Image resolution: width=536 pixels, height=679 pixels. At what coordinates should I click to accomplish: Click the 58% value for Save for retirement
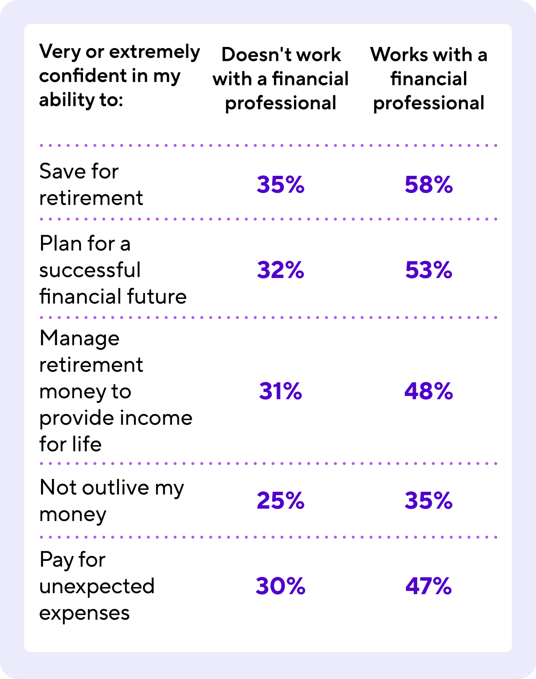[428, 185]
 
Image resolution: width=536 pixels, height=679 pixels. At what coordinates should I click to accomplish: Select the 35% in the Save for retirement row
[280, 185]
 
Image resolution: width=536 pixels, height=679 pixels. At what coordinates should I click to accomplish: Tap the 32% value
[280, 270]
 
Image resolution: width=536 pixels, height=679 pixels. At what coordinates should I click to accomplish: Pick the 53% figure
[428, 270]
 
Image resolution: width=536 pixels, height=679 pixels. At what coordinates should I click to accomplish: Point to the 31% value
[280, 391]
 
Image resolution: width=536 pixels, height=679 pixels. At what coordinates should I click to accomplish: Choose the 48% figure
[428, 391]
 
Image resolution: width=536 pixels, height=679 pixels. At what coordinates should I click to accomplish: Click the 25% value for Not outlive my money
[280, 501]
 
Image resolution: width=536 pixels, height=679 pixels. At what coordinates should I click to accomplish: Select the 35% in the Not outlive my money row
[428, 501]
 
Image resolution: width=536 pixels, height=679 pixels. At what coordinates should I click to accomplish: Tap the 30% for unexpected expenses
[280, 586]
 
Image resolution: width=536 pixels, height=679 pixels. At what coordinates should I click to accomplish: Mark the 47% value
[428, 586]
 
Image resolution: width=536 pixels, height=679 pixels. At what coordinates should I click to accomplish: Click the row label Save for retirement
[91, 185]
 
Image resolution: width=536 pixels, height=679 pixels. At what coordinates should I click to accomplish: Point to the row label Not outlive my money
[111, 501]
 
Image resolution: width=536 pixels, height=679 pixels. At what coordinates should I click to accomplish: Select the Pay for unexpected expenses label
[97, 586]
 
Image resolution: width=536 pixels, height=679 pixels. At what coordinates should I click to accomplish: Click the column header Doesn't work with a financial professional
[281, 79]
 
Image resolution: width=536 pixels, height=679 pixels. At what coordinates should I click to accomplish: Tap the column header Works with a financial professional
[429, 79]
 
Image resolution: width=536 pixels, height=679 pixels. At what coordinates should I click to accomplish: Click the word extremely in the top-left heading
[155, 52]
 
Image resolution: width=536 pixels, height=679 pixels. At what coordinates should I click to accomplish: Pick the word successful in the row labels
[90, 270]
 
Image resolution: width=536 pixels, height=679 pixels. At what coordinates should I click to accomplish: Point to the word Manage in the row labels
[80, 338]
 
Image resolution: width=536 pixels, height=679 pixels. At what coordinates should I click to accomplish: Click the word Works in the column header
[399, 55]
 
